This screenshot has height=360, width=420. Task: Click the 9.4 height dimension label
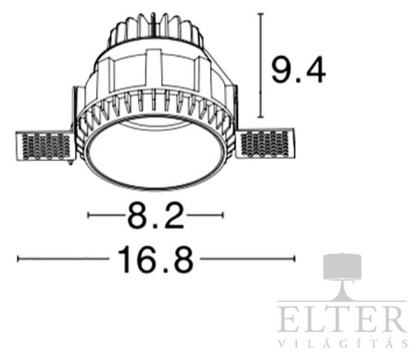click(x=299, y=70)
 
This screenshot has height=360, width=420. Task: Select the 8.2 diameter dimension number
click(x=156, y=216)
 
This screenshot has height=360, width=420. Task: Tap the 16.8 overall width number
click(x=155, y=259)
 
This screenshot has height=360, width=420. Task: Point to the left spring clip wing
click(x=43, y=146)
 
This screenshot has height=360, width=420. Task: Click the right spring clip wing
click(x=265, y=144)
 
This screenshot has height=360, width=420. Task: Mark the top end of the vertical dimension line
click(x=260, y=13)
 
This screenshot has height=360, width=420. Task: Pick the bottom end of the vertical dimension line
click(x=260, y=117)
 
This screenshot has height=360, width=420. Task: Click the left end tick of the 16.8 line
click(x=17, y=259)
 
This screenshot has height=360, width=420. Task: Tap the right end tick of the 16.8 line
click(x=295, y=259)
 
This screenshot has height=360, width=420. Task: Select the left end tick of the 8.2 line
click(x=89, y=215)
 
